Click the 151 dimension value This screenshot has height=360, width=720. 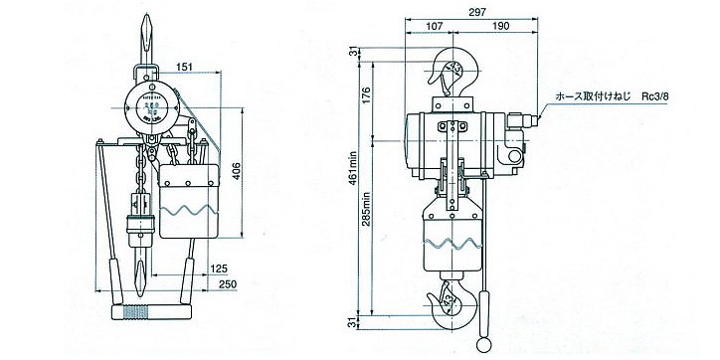184,69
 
